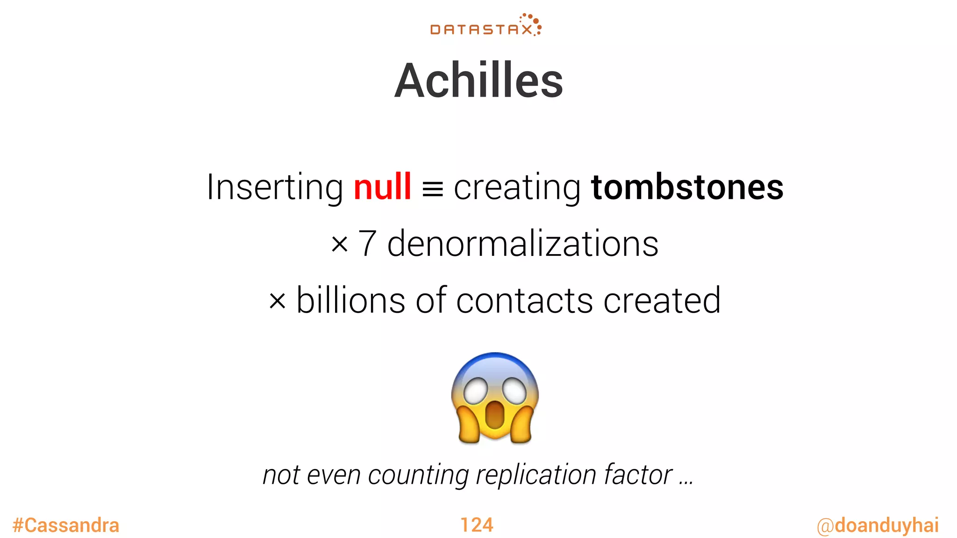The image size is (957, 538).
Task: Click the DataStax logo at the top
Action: (486, 26)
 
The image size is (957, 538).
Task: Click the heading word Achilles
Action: (478, 81)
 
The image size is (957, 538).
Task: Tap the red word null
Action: (382, 187)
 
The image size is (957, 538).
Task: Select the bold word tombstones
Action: (687, 187)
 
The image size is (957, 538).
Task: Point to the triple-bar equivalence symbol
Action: (432, 190)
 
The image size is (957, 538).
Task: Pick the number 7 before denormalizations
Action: (367, 244)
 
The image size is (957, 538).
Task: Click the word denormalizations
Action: (522, 244)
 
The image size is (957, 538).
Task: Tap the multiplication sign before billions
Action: (277, 301)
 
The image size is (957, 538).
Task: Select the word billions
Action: (351, 300)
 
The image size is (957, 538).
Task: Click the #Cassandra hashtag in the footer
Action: (66, 525)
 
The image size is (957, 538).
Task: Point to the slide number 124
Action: (477, 525)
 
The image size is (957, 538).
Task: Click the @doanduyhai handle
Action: (878, 525)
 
